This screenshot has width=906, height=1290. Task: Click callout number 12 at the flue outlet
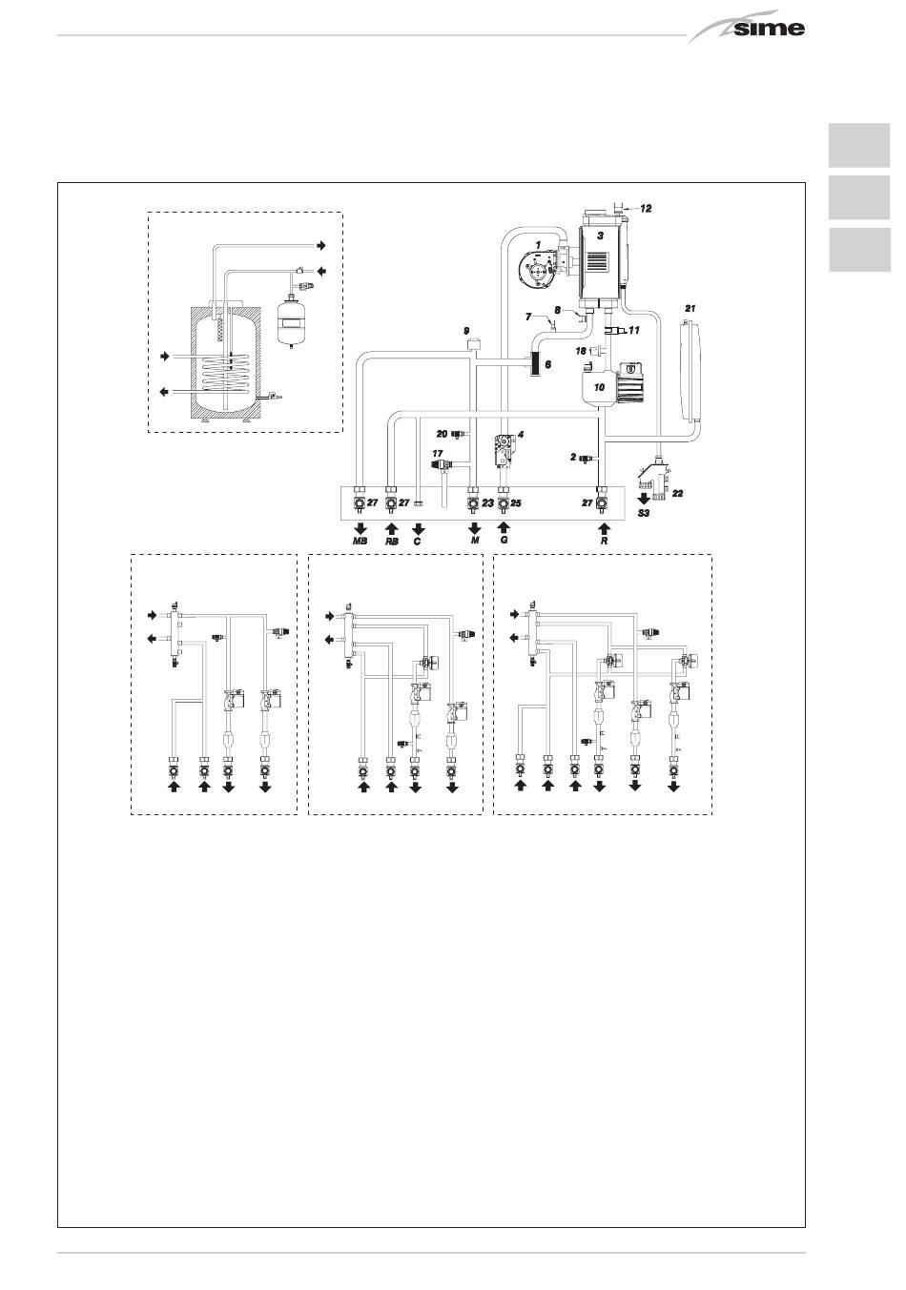click(x=646, y=207)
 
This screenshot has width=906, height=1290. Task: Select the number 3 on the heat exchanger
click(x=600, y=234)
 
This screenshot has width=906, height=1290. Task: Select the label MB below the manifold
click(x=360, y=541)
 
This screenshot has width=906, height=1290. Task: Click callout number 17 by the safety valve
click(x=438, y=453)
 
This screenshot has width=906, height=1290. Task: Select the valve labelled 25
click(x=504, y=502)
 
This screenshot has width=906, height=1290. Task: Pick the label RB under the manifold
click(x=391, y=541)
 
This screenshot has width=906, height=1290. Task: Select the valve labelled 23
click(x=473, y=502)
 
